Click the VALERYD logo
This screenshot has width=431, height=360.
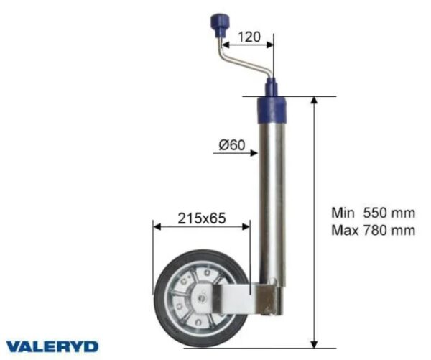(52, 346)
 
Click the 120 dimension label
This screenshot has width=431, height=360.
(249, 37)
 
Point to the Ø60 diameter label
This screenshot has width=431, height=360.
(231, 144)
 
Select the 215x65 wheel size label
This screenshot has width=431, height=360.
(201, 218)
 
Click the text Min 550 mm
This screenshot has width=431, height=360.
(373, 213)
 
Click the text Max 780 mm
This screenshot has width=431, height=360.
(373, 230)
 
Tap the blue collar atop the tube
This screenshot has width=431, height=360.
(272, 110)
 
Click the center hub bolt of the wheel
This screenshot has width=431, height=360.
(203, 297)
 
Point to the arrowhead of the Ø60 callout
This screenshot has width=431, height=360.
(254, 152)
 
